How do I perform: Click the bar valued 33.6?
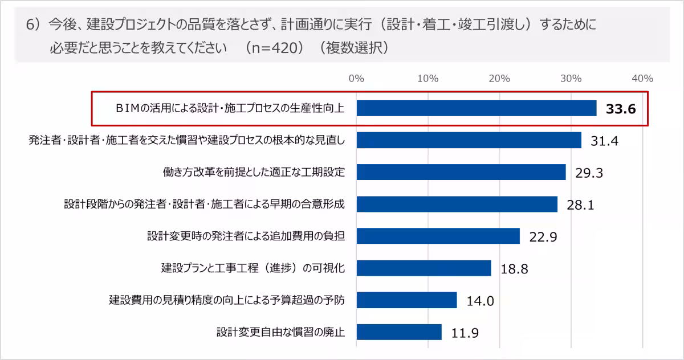476,108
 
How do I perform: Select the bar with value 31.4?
469,140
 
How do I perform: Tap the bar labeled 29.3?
461,172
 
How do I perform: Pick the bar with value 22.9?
438,236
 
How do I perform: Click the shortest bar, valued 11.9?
399,332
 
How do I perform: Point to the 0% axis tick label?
356,79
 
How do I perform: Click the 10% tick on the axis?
427,79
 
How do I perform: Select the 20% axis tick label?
499,79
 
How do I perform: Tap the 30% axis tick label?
571,79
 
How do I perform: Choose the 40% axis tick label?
642,79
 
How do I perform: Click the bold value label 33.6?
621,109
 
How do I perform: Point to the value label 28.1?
580,205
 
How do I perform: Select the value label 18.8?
514,269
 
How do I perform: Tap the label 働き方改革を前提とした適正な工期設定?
254,172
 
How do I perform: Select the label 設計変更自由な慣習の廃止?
280,332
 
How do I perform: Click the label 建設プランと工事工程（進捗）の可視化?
253,268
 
